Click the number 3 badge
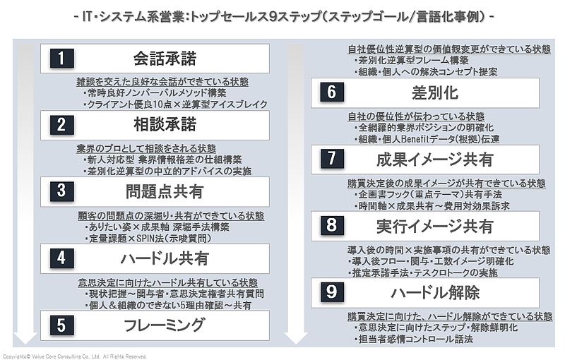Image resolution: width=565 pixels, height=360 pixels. tap(61, 191)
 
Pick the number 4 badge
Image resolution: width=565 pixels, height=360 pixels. tap(61, 258)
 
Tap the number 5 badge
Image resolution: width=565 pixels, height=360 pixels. tap(61, 325)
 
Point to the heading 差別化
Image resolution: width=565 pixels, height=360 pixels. tap(435, 92)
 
